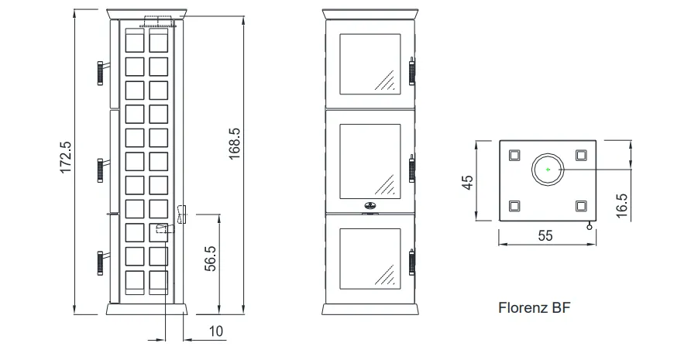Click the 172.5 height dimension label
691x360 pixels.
(x=66, y=157)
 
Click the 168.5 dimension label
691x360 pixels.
(x=235, y=144)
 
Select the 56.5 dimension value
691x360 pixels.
(x=211, y=259)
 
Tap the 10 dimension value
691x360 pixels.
(x=216, y=331)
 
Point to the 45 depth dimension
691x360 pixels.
(x=468, y=182)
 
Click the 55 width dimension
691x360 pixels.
(x=545, y=235)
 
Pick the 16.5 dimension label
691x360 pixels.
(x=621, y=206)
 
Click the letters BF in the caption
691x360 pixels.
(x=561, y=307)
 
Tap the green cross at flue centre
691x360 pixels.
(x=548, y=170)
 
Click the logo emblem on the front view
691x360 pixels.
(x=370, y=205)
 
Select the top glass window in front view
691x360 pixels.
(x=370, y=64)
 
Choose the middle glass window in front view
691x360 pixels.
(x=370, y=161)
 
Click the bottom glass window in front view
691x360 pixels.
(x=370, y=259)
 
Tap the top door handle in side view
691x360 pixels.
(x=101, y=73)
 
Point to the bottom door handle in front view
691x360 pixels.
(x=412, y=262)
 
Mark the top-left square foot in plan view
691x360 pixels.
(x=514, y=155)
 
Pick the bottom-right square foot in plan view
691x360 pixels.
(x=581, y=206)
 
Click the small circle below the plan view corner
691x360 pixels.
(x=590, y=227)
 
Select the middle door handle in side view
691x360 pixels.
(x=101, y=170)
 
